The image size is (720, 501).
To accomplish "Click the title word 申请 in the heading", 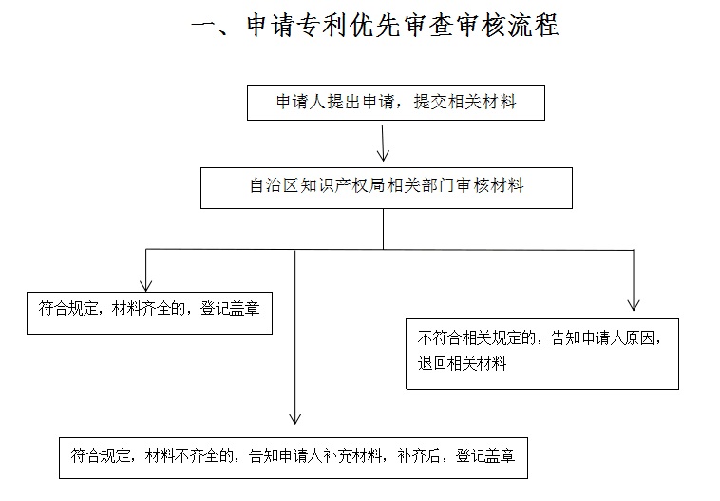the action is coord(270,25).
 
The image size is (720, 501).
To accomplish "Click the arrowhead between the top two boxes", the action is coord(383,154).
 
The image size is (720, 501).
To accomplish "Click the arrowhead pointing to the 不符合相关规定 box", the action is coord(634,304).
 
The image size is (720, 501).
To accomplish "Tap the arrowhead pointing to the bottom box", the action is coord(294,417).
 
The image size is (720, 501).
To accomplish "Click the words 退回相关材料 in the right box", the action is coord(462,363).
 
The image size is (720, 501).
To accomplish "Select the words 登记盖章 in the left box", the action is coord(230,308).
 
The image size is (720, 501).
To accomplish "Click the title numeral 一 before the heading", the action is coord(203,25).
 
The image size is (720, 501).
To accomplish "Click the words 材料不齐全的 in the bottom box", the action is coord(189,455).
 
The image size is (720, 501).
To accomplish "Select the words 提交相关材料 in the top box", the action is coord(464,102).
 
